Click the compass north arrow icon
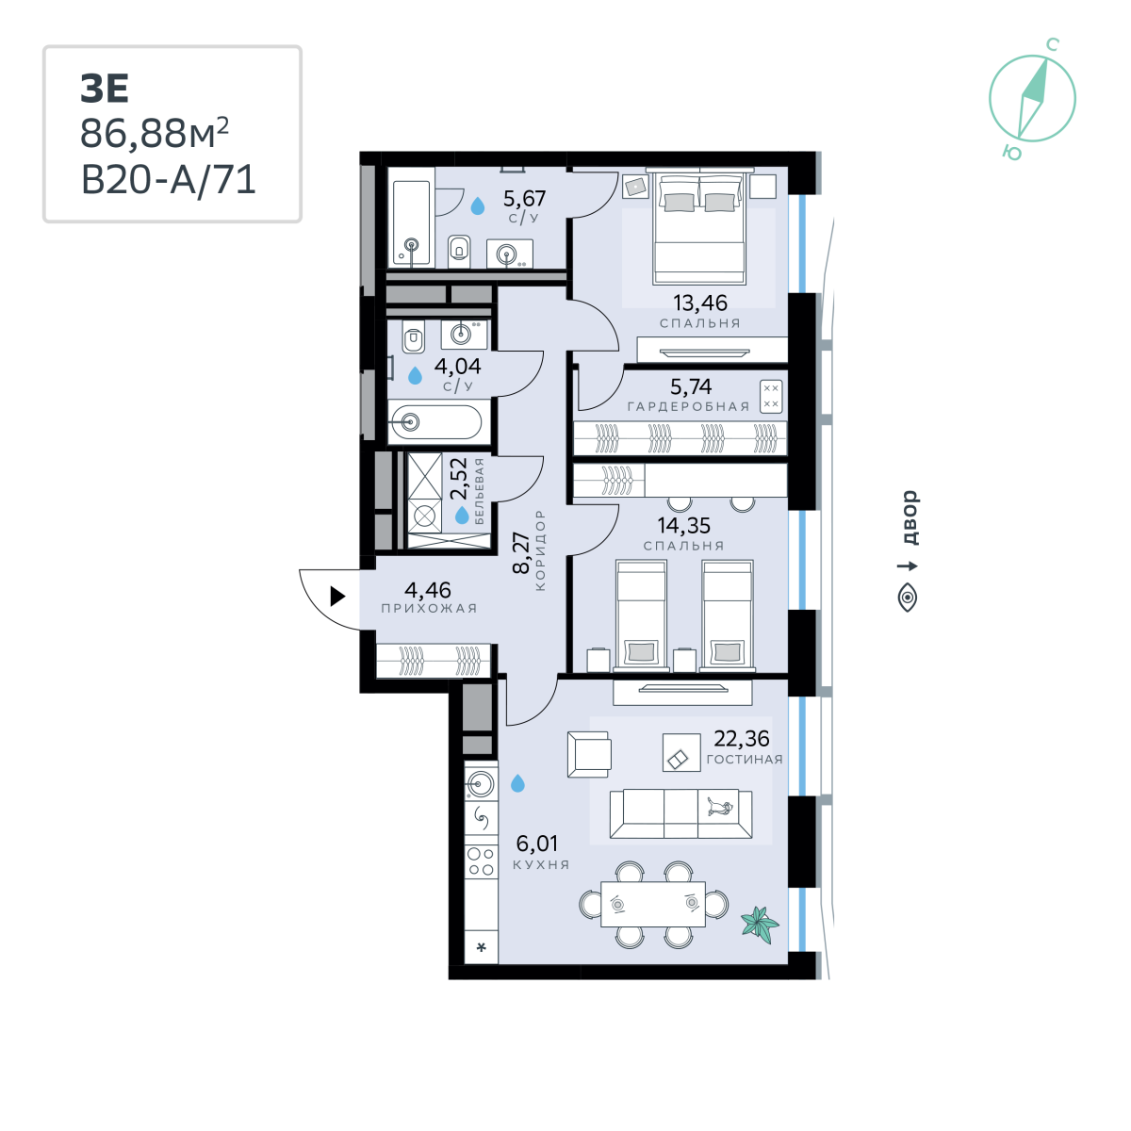tap(1032, 98)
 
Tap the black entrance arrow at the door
tap(337, 596)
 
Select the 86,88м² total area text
tap(155, 133)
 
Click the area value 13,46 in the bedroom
tap(699, 303)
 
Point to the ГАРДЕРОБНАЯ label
tap(688, 406)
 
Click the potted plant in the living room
tap(760, 925)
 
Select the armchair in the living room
tap(589, 754)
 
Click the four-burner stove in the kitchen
tap(481, 861)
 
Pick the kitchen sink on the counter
tap(481, 783)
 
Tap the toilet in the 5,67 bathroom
tap(459, 252)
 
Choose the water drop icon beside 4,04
tap(415, 375)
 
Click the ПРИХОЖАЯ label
tap(429, 608)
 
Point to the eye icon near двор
tap(908, 598)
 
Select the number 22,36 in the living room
tap(742, 738)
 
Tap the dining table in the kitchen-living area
tap(652, 904)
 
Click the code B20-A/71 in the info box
tap(169, 180)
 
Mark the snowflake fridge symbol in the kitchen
tap(481, 947)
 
